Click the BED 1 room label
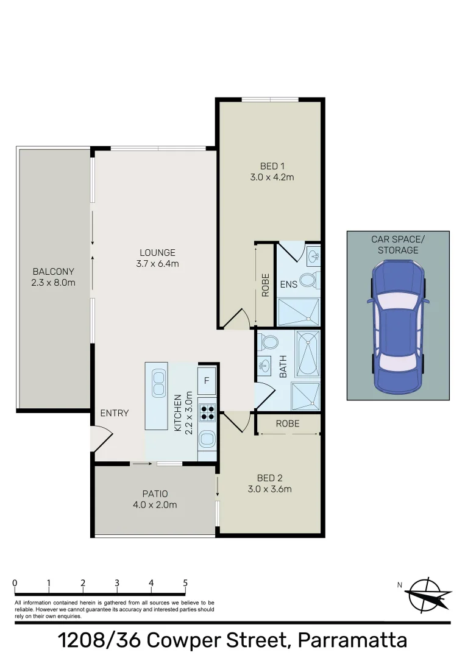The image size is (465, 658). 272,166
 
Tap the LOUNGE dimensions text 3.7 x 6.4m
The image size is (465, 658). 157,264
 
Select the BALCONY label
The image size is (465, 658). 54,271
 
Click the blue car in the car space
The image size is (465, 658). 398,327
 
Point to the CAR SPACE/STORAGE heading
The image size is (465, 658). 398,244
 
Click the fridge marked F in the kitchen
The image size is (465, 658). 207,381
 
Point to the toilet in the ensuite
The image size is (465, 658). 310,281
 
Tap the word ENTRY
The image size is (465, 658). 115,413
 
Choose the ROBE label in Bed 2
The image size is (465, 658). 288,423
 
